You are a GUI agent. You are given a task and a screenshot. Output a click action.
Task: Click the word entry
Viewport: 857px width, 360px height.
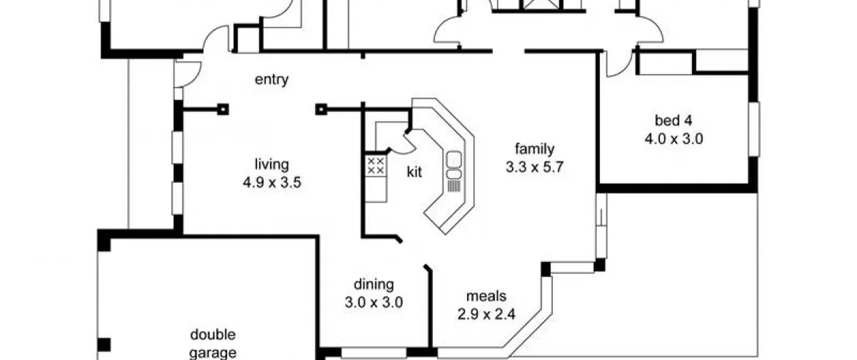[x=271, y=80]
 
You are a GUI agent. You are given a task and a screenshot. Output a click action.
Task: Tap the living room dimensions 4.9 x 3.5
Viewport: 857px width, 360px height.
[x=272, y=183]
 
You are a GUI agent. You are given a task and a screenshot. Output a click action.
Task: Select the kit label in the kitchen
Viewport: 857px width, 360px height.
[x=414, y=172]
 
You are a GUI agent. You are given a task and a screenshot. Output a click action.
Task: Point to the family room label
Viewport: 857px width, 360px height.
[x=535, y=149]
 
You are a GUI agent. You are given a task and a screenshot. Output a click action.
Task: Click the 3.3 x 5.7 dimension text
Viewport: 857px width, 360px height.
[x=535, y=167]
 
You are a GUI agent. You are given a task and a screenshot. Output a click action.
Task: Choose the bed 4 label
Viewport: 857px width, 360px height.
[x=673, y=121]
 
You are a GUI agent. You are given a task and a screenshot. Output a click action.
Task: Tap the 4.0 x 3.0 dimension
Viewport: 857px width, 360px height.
[x=674, y=139]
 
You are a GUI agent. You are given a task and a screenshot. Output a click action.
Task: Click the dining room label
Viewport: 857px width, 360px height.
[x=374, y=284]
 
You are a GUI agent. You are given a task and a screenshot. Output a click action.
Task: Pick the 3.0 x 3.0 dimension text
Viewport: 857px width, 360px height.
[x=374, y=302]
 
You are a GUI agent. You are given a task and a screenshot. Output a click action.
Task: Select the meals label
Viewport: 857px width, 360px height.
[x=486, y=296]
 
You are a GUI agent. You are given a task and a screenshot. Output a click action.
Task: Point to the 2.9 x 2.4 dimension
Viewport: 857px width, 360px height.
[x=486, y=314]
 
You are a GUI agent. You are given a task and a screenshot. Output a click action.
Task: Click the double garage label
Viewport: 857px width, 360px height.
[x=213, y=344]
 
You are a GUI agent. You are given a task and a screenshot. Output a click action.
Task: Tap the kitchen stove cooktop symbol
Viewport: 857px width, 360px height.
[x=376, y=166]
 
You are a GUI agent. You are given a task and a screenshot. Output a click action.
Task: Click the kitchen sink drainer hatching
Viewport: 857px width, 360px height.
[x=454, y=186]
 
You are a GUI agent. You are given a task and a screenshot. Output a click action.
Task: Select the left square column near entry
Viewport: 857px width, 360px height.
[x=223, y=110]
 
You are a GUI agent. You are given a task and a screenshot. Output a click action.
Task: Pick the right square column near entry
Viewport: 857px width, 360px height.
[x=321, y=109]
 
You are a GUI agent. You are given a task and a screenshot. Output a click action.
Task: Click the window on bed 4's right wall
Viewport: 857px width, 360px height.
[x=754, y=129]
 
